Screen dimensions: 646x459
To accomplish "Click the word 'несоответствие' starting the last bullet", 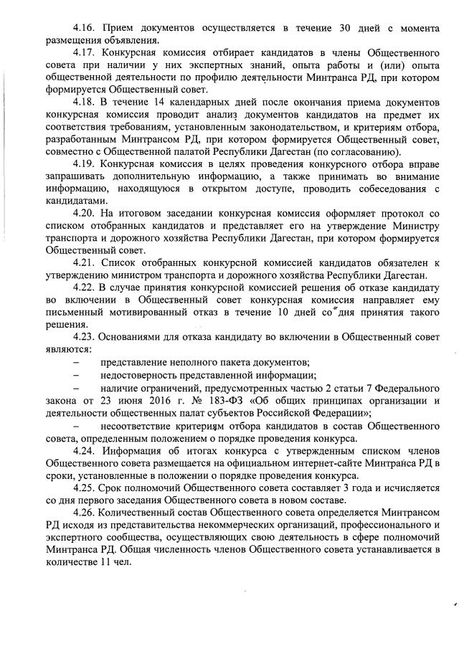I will click(138, 425).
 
